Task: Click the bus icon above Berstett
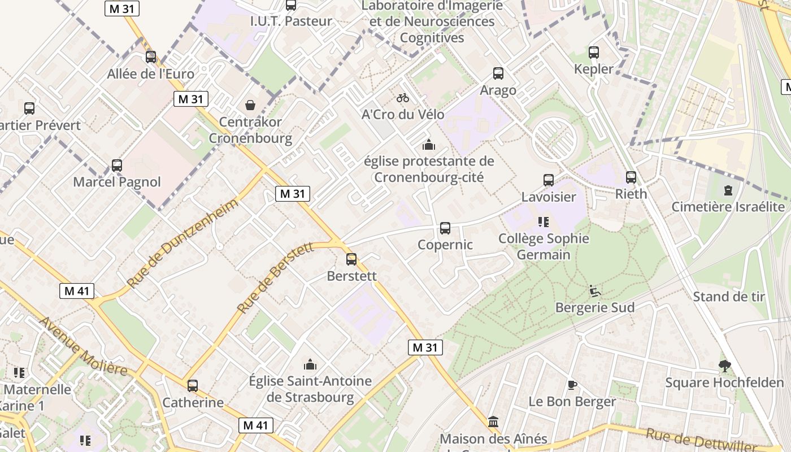pos(351,259)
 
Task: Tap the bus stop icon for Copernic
pos(445,228)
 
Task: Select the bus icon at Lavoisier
pos(549,180)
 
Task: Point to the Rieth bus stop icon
pos(631,177)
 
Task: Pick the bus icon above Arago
pos(498,73)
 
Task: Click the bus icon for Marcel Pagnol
pos(117,166)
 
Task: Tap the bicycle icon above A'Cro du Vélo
pos(403,98)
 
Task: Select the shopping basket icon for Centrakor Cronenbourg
pos(250,105)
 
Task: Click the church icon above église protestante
pos(429,145)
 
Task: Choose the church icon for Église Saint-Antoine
pos(310,365)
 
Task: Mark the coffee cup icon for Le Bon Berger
pos(572,385)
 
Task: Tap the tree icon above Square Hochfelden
pos(724,366)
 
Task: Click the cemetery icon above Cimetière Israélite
pos(728,190)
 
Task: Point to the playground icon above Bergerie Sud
pos(594,291)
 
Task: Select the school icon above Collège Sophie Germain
pos(544,222)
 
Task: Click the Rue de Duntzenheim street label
pos(182,243)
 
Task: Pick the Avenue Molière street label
pos(83,346)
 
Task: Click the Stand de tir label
pos(729,297)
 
